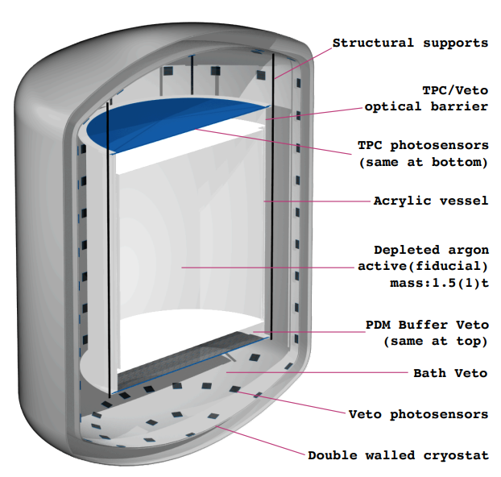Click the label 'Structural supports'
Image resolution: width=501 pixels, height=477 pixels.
coord(410,43)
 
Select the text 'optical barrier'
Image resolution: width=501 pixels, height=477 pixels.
coord(426,106)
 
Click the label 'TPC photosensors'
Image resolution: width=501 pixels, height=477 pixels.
coord(423,146)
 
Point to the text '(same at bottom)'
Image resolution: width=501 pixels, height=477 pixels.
coord(423,162)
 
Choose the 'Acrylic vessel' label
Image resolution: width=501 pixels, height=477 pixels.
coord(430,200)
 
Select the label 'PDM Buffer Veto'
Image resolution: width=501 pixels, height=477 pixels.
coord(427,325)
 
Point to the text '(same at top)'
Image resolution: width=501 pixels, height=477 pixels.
coord(436,341)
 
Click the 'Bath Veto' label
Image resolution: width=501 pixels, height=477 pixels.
coord(450,373)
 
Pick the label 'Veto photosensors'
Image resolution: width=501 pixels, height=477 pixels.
coord(418,414)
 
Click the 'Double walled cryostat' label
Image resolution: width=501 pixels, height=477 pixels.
coord(398,455)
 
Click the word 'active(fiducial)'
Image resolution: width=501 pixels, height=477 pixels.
coord(422,267)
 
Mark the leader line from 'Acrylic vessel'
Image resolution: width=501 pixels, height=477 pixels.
coord(314,200)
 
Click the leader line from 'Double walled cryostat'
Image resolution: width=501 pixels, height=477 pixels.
coord(266,442)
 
